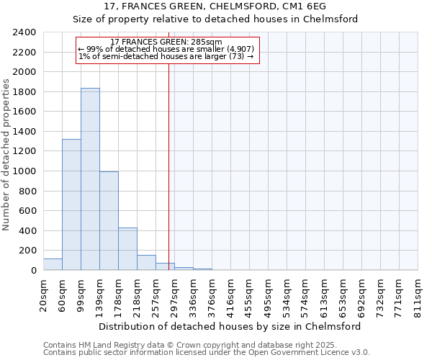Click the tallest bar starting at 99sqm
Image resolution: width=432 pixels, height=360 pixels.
point(90,179)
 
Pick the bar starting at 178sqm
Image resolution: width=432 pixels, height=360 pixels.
point(127,249)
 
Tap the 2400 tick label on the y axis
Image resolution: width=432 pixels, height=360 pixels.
point(24,32)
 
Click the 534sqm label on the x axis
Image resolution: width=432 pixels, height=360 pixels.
point(287,296)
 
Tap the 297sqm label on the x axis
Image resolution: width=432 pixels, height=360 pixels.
point(174,296)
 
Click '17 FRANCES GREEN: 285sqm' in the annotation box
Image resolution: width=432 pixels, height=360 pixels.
point(166,42)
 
